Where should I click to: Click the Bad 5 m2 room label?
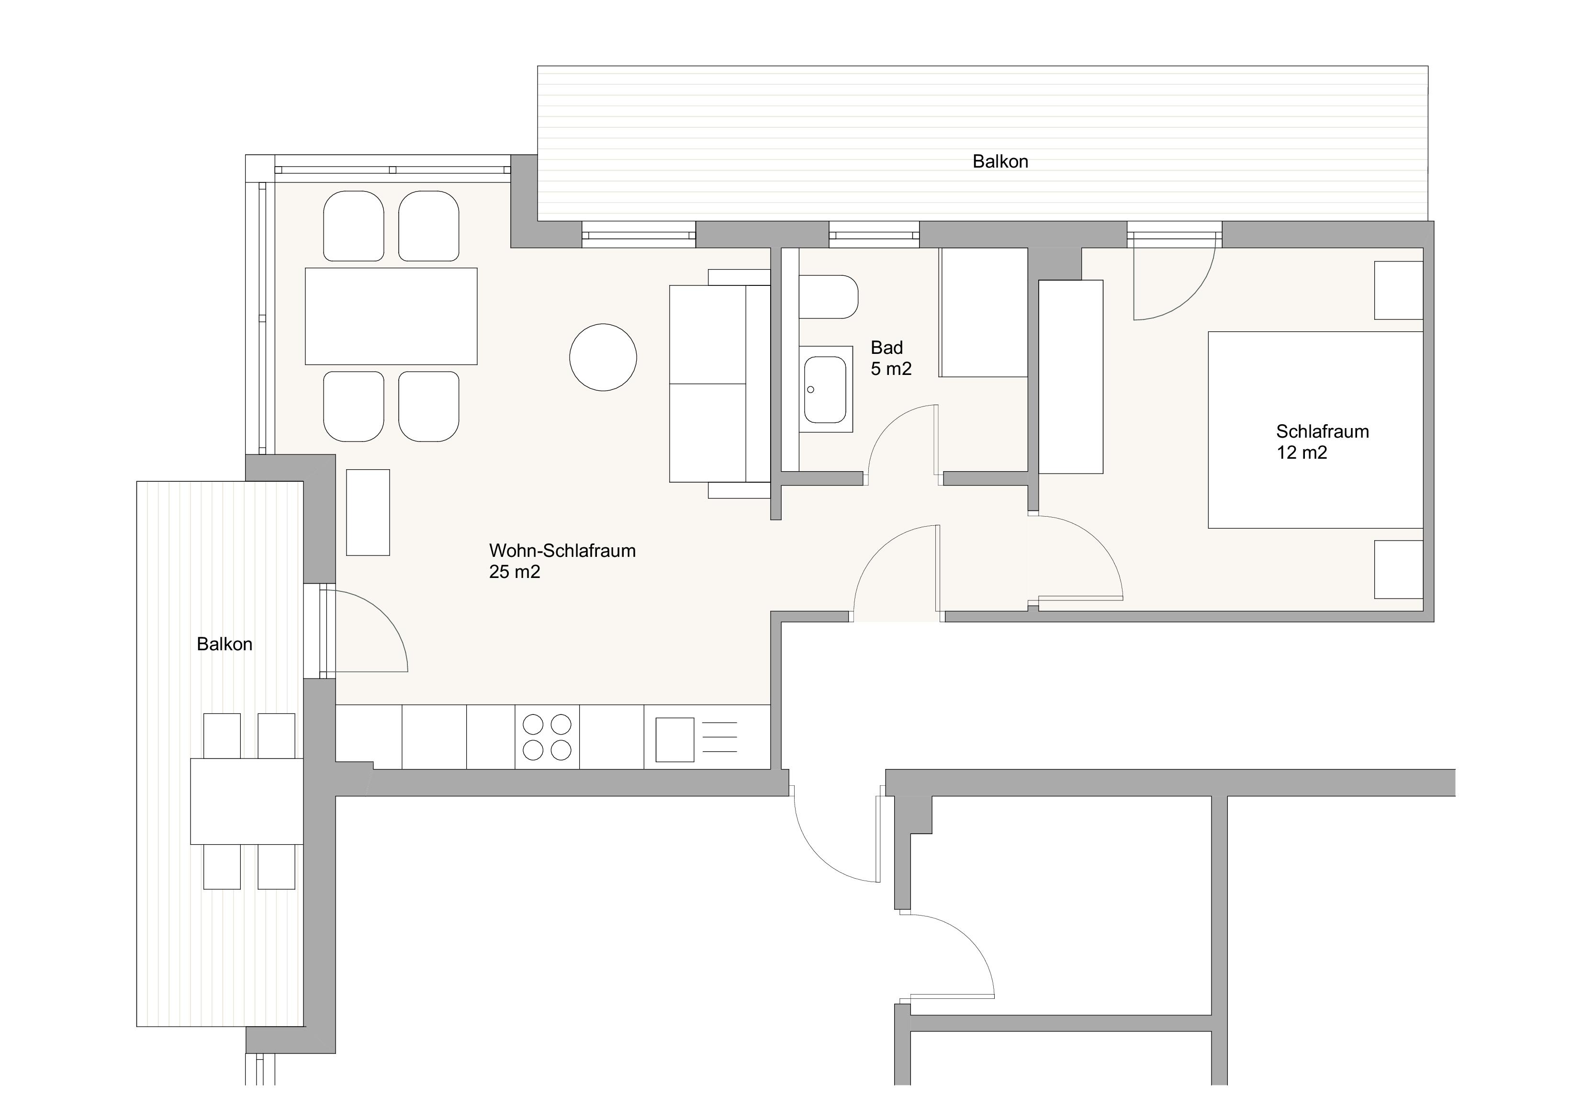(x=891, y=358)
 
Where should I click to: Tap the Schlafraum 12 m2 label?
(x=1322, y=441)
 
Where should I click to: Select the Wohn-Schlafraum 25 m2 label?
(x=562, y=561)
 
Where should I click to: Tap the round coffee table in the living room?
(x=603, y=357)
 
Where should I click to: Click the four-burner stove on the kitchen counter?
(x=547, y=736)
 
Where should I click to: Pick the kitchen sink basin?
(x=674, y=739)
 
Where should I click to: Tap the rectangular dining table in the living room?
(x=391, y=316)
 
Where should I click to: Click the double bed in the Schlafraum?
(x=1315, y=430)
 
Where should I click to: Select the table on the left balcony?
(x=246, y=801)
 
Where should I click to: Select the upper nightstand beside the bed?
(x=1399, y=290)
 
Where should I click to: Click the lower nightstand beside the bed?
(x=1399, y=570)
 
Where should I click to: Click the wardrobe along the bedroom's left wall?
(x=1071, y=376)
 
